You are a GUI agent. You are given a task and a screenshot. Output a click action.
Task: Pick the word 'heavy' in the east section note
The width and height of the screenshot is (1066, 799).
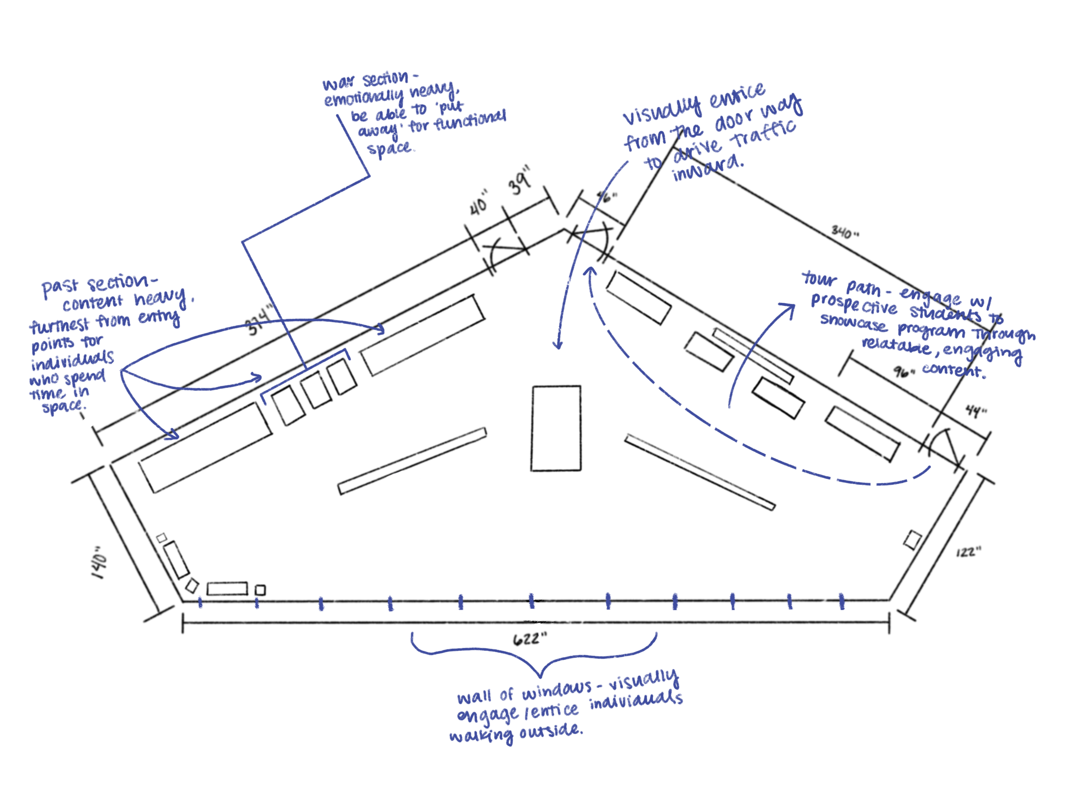click(x=47, y=395)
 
